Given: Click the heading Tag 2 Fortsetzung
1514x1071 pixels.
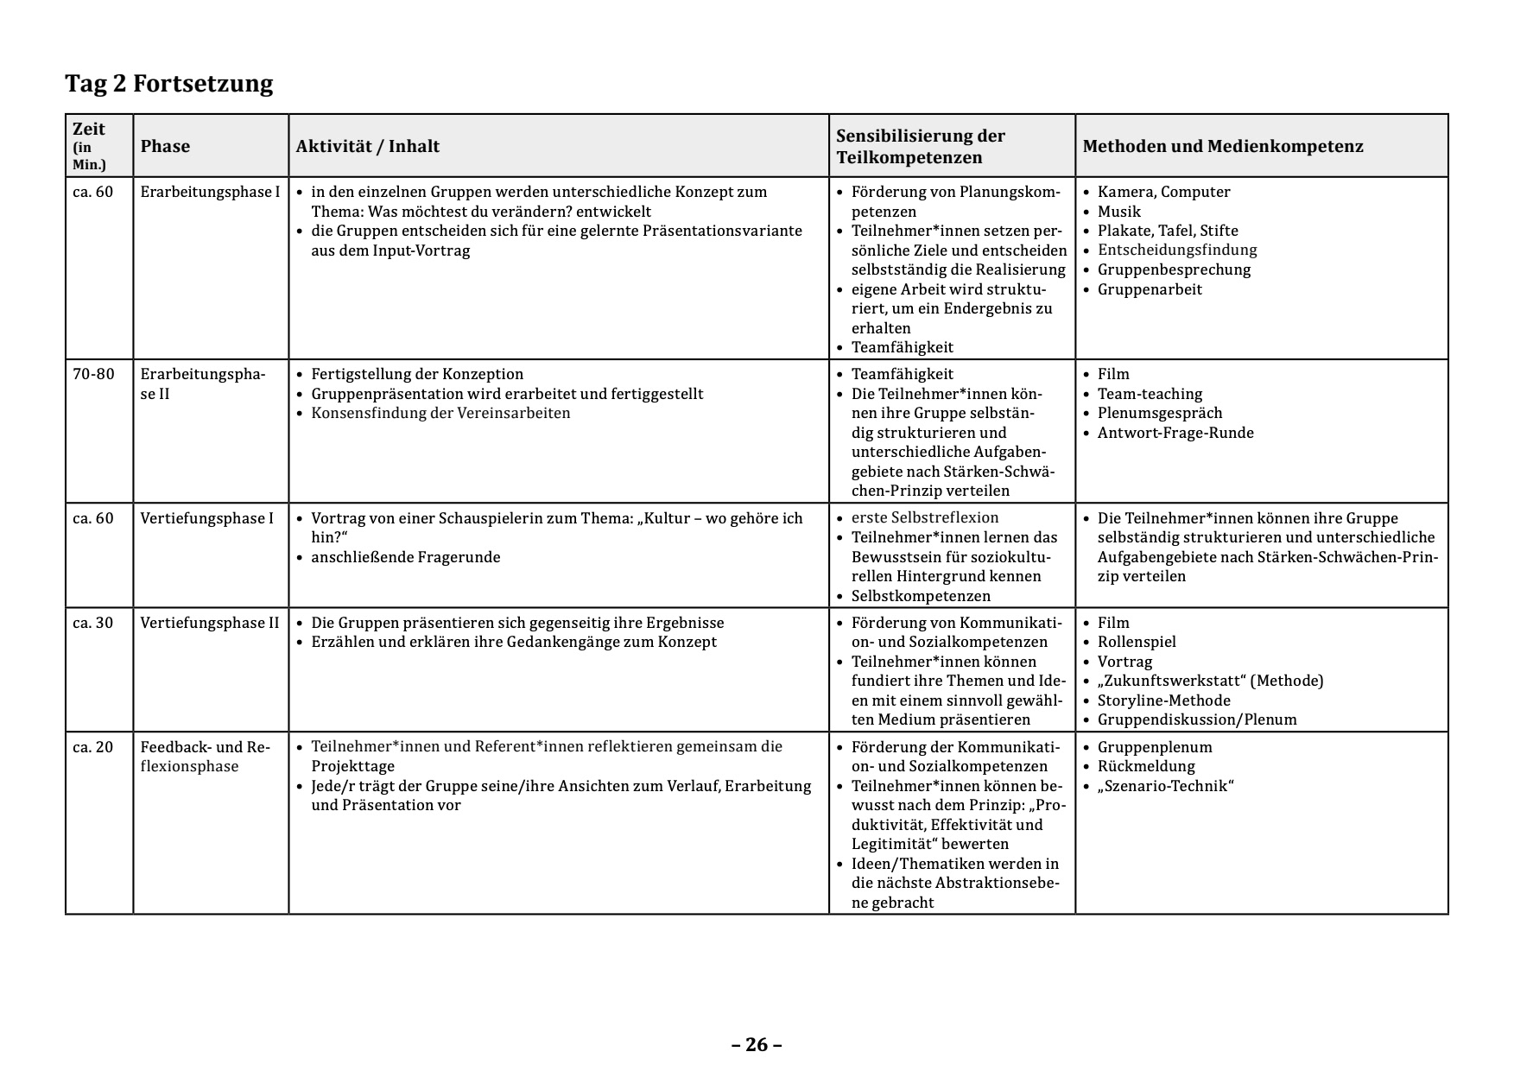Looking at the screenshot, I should [169, 84].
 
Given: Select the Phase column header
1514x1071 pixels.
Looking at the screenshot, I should [165, 146].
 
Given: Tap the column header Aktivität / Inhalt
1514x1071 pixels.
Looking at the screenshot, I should [368, 146].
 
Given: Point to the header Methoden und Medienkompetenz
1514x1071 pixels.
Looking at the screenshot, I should [1223, 146].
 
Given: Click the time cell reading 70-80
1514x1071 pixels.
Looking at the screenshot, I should [93, 374].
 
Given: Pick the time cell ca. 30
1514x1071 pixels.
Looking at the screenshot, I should [93, 623].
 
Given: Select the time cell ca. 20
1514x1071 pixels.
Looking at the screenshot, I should [93, 747].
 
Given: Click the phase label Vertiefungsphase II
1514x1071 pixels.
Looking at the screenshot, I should [210, 623].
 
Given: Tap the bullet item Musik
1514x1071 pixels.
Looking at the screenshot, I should [1119, 212].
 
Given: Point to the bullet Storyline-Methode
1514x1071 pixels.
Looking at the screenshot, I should [1163, 700].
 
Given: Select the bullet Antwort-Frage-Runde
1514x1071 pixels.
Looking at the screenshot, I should [1175, 433].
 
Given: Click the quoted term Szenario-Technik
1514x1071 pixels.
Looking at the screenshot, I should [1165, 786].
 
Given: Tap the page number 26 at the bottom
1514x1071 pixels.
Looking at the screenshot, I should [757, 1045].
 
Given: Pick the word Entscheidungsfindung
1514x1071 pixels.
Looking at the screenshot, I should [1177, 250].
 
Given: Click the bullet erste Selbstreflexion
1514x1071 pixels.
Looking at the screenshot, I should [925, 517].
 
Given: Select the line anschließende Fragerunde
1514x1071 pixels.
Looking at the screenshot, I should [405, 557].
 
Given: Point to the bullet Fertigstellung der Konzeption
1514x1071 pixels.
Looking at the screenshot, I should [417, 374].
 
